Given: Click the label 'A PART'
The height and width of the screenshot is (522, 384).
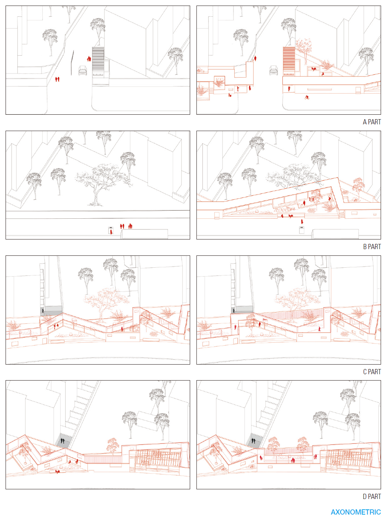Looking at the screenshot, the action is (372, 122).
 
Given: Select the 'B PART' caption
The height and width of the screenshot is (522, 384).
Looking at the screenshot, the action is (372, 247).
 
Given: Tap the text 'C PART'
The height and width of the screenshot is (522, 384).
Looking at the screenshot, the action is (372, 372).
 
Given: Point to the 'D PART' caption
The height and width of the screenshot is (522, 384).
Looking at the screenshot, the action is (372, 497).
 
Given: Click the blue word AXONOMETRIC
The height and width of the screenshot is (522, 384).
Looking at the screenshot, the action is (355, 512).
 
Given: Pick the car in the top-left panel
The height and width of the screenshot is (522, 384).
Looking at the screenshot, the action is (83, 71).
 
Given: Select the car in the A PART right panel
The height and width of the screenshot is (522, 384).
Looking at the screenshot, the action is (274, 71).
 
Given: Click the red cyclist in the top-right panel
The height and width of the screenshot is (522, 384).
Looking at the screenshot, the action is (307, 97).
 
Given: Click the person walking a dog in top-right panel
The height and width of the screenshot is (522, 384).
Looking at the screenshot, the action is (230, 95).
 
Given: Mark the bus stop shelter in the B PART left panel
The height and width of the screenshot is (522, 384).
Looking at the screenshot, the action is (111, 230).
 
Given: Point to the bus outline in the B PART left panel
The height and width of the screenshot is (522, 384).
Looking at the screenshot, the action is (144, 234).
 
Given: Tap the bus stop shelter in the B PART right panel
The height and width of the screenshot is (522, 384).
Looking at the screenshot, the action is (302, 230).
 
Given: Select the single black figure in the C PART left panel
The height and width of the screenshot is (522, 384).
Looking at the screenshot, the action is (43, 311).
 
